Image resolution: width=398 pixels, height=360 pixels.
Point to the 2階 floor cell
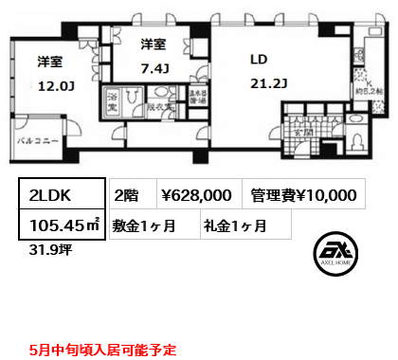point(126,195)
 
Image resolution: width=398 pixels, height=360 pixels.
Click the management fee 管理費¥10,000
point(304,195)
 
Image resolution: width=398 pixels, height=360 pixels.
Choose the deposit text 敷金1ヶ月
point(145,225)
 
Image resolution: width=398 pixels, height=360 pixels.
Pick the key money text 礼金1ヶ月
point(233,225)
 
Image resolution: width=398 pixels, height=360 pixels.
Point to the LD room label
point(259,59)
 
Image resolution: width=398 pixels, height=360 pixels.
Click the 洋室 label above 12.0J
point(49,63)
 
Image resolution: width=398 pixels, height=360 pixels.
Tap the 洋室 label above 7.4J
point(154,44)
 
